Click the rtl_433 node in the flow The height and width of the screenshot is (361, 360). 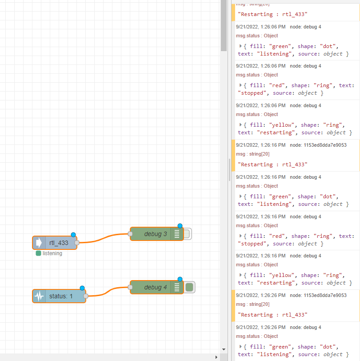pyautogui.click(x=55, y=243)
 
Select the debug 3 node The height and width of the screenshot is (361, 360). pyautogui.click(x=157, y=234)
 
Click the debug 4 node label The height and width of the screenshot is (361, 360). pyautogui.click(x=156, y=287)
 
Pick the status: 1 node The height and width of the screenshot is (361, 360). pyautogui.click(x=59, y=296)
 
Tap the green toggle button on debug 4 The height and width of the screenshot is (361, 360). pyautogui.click(x=189, y=287)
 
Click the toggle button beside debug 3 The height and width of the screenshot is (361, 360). pyautogui.click(x=188, y=234)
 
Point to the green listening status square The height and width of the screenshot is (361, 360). pyautogui.click(x=38, y=253)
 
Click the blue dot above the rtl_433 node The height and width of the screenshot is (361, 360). pyautogui.click(x=73, y=235)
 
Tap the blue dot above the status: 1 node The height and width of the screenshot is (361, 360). pyautogui.click(x=82, y=288)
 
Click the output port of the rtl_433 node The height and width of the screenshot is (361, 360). pyautogui.click(x=77, y=243)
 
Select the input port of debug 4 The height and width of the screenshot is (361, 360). pyautogui.click(x=130, y=287)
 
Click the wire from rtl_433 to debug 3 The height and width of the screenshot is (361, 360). pyautogui.click(x=104, y=238)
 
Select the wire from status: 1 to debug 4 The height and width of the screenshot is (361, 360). pyautogui.click(x=108, y=292)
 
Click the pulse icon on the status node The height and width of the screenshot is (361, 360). pyautogui.click(x=39, y=296)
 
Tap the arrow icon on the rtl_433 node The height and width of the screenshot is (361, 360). pyautogui.click(x=39, y=243)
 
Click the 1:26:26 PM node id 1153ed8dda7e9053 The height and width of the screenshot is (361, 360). pyautogui.click(x=325, y=295)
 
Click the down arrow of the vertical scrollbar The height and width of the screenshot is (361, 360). pyautogui.click(x=224, y=349)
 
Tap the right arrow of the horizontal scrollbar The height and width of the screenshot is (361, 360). pyautogui.click(x=216, y=357)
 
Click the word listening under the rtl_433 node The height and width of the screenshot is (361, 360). pyautogui.click(x=52, y=253)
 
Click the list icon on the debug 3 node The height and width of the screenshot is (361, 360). pyautogui.click(x=177, y=234)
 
